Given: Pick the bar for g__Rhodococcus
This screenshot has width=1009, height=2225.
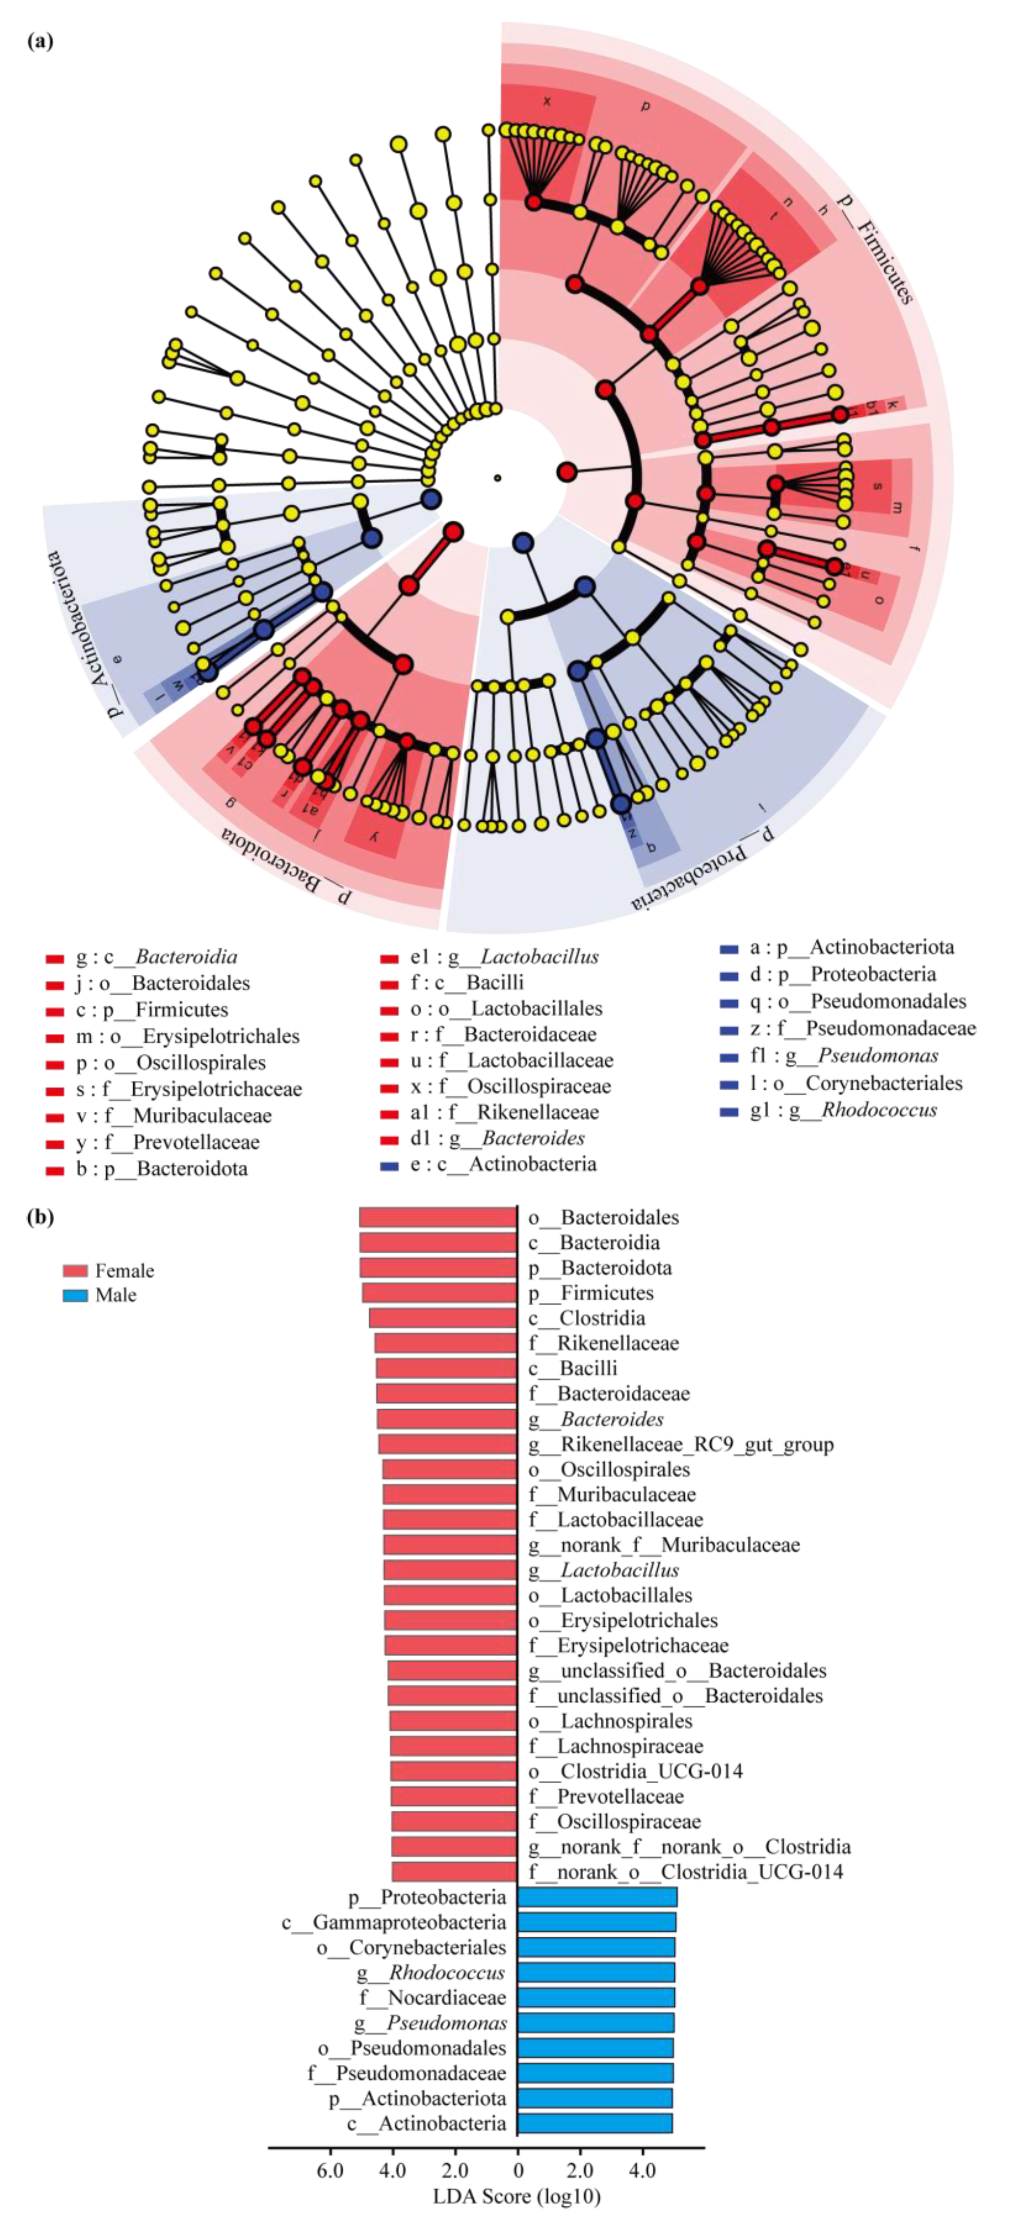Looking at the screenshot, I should (x=596, y=1972).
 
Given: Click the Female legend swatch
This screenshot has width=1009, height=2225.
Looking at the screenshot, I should (x=75, y=1270).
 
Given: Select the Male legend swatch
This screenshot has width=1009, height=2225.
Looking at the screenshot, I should (x=75, y=1295).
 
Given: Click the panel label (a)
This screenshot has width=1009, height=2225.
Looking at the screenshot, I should (x=40, y=41).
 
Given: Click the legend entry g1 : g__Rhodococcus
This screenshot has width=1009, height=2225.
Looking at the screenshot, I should (x=842, y=1110).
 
